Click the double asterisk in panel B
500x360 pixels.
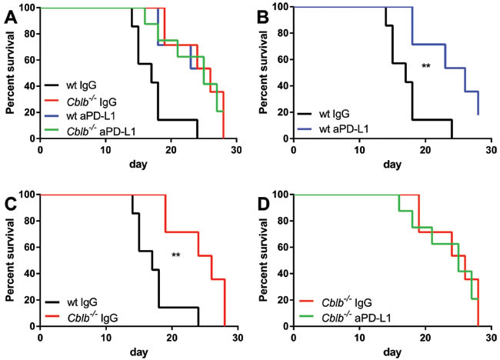(x=425, y=67)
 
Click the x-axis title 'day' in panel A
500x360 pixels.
(x=138, y=164)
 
